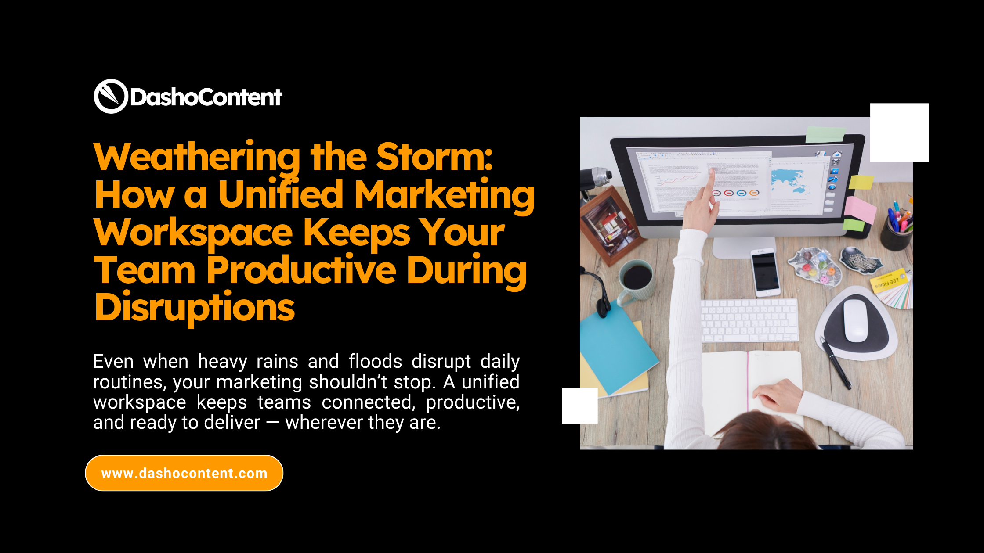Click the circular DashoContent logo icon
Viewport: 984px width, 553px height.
[x=111, y=96]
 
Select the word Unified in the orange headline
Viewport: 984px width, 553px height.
[x=281, y=194]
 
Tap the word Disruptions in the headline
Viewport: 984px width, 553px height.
[x=195, y=308]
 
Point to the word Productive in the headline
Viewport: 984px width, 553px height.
[x=301, y=270]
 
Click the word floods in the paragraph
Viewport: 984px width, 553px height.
[x=375, y=362]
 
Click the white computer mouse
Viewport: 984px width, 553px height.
[x=855, y=320]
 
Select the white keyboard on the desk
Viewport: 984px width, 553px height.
[x=749, y=320]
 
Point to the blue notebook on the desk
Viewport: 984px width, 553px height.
[x=615, y=347]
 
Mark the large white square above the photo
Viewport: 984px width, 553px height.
[x=899, y=132]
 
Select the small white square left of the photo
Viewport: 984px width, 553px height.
[x=579, y=406]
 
